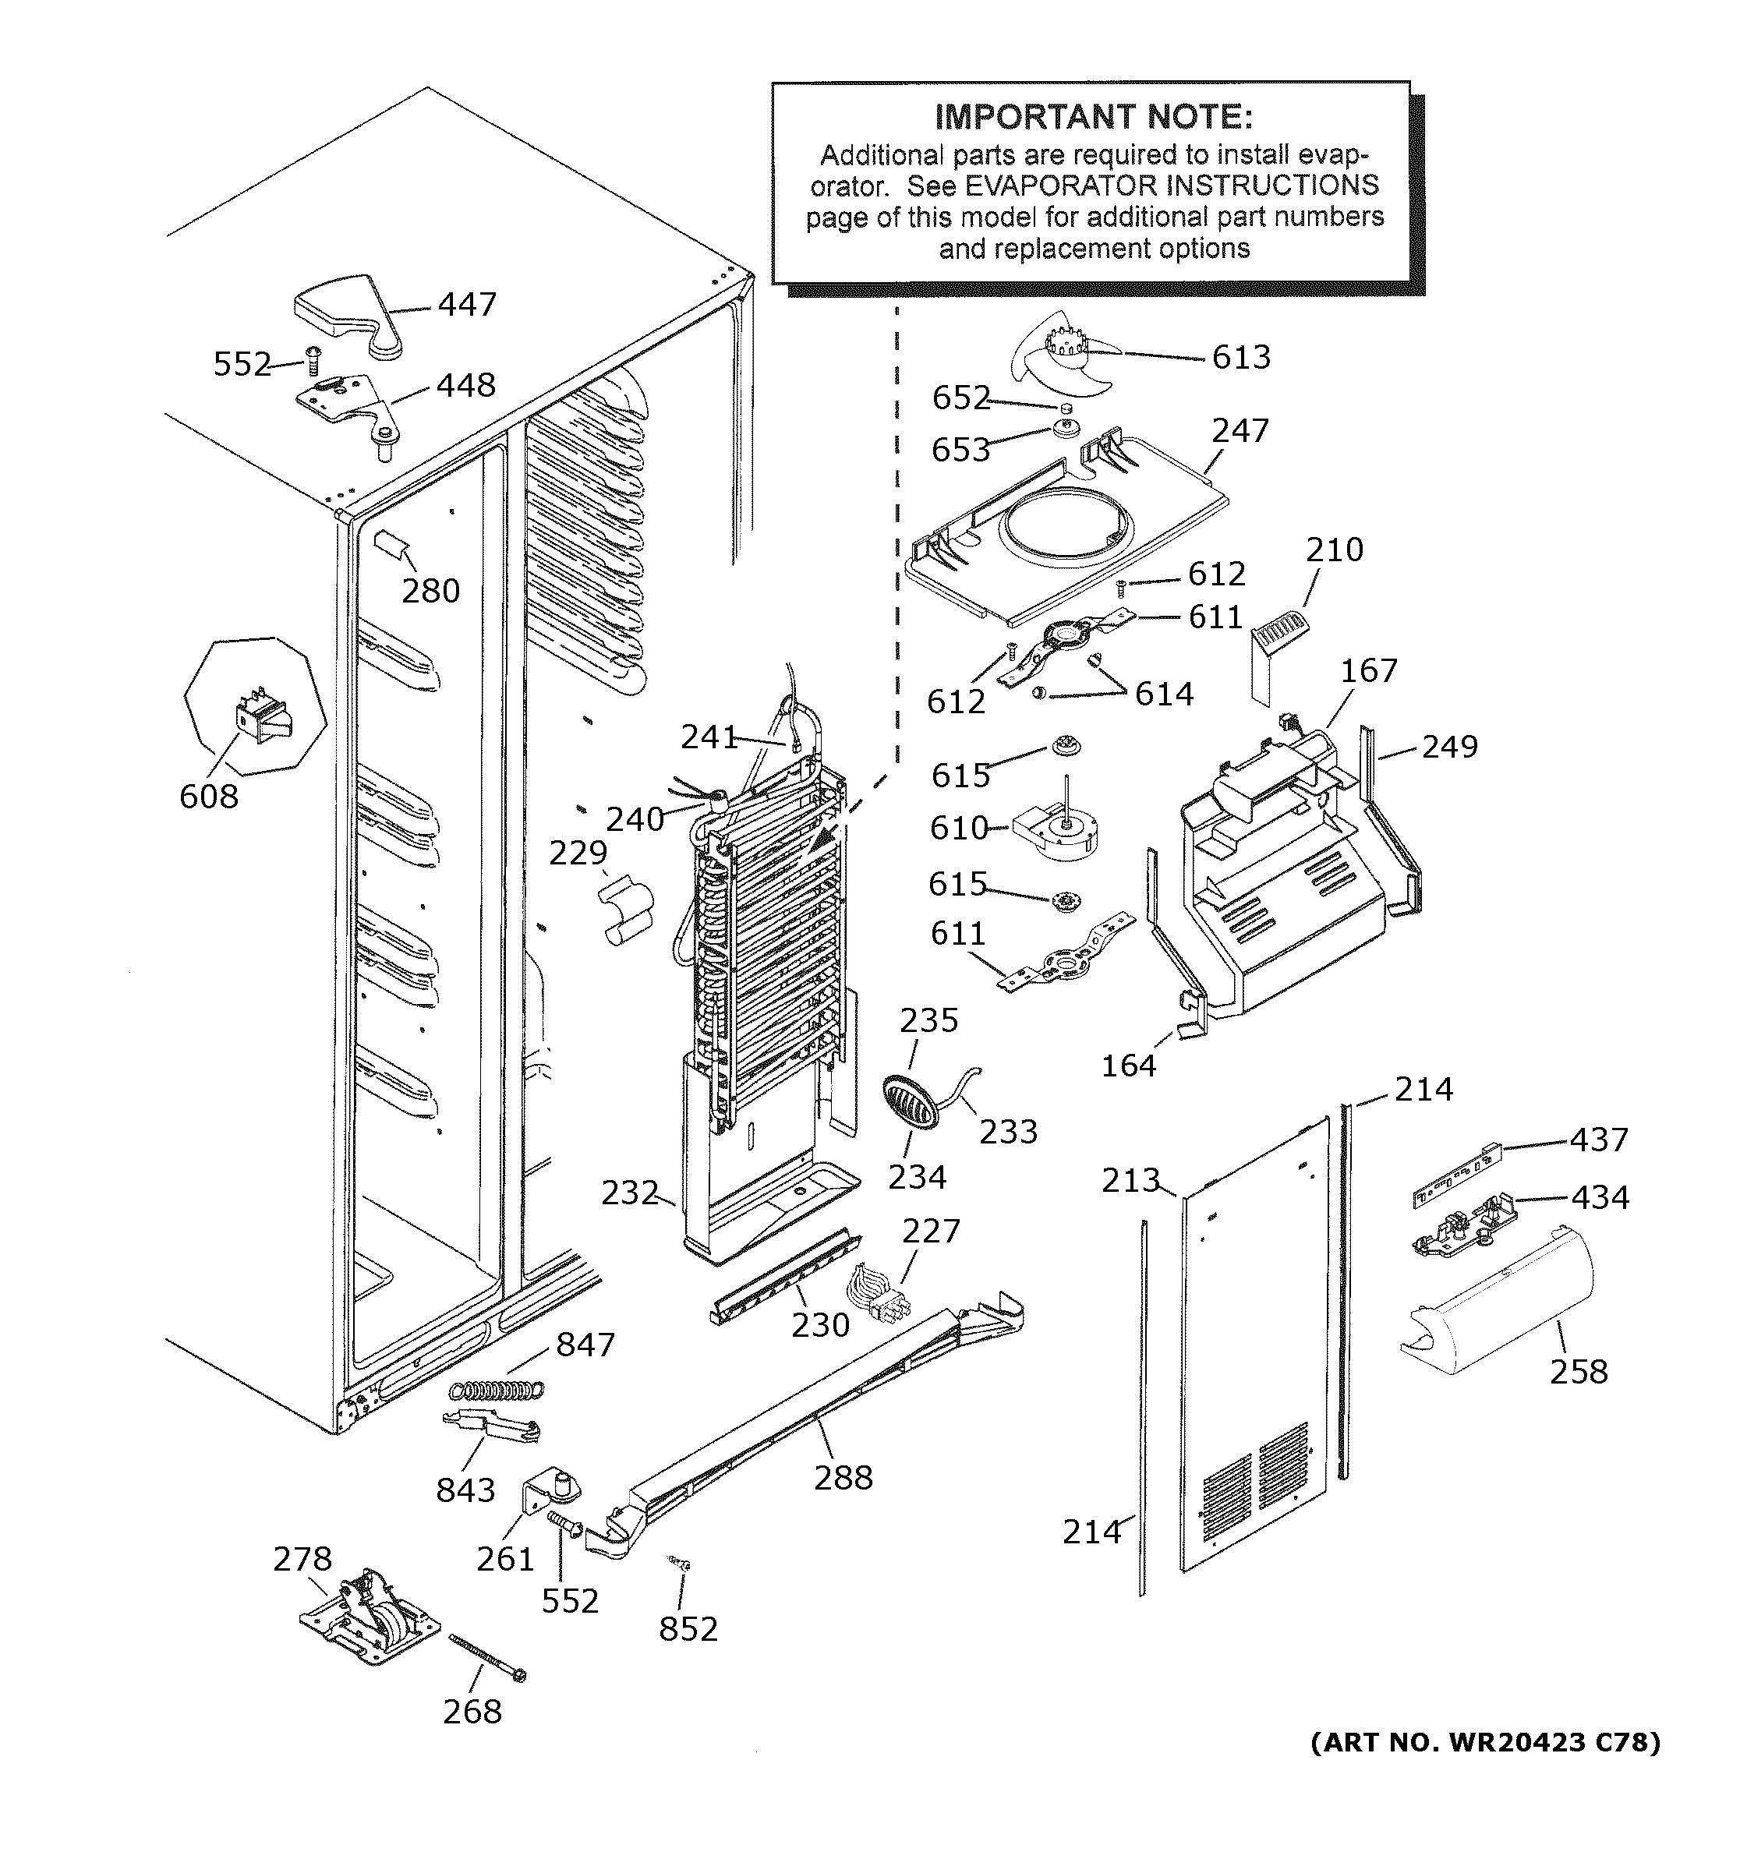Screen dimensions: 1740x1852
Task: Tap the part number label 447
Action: [x=467, y=305]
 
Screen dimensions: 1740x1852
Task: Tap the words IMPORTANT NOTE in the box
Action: [x=1094, y=118]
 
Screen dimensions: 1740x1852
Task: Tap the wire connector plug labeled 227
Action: [x=875, y=1298]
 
